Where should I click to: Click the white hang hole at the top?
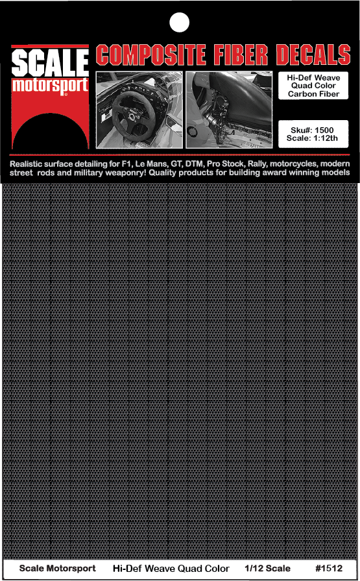(179, 22)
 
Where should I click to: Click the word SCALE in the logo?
(50, 65)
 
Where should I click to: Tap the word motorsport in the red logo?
(50, 85)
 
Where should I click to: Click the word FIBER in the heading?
(250, 56)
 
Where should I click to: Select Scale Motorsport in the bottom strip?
(57, 569)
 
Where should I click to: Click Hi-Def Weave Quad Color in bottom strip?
(171, 569)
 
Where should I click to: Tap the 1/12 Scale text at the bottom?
(268, 569)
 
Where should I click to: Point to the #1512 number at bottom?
(328, 569)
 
